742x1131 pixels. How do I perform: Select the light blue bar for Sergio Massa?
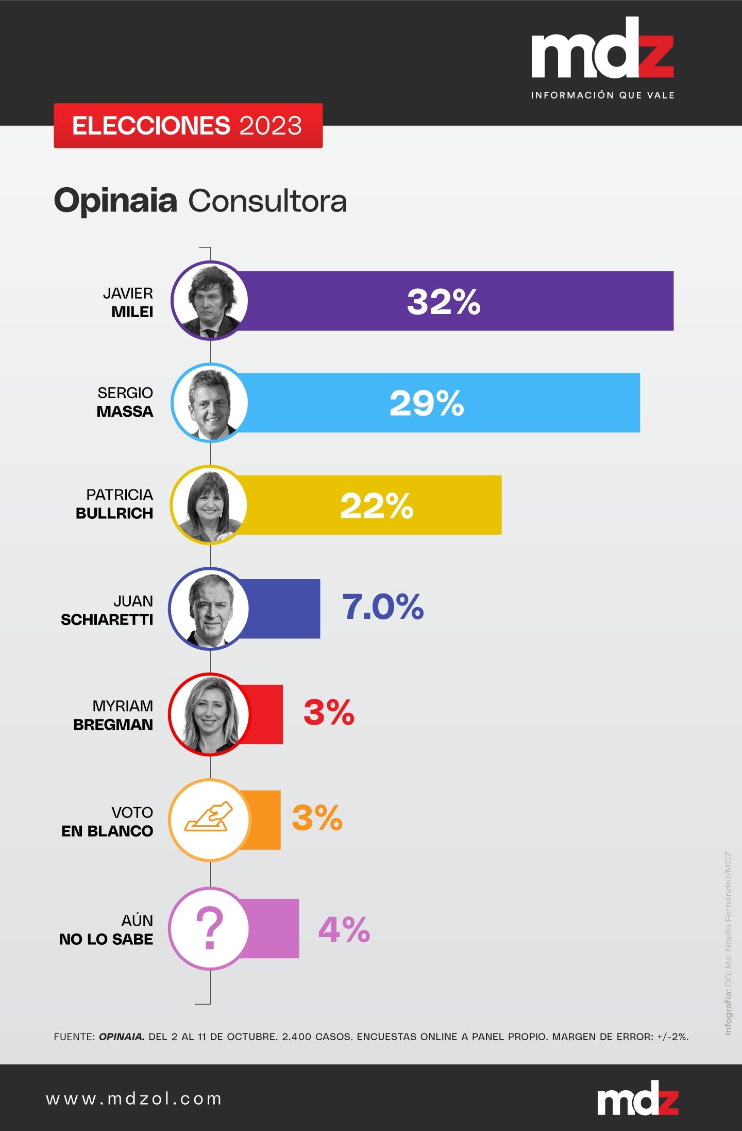click(x=438, y=403)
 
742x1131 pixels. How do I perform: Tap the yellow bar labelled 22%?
click(x=371, y=505)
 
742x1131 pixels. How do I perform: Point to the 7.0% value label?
click(x=383, y=607)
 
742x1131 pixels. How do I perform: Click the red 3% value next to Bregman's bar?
click(x=329, y=713)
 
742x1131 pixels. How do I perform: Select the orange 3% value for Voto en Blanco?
click(x=317, y=818)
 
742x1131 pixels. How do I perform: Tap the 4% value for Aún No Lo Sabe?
click(x=344, y=929)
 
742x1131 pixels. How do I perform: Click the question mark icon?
click(x=209, y=929)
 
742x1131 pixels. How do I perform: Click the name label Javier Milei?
click(x=129, y=302)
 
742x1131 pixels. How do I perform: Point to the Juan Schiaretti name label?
click(x=107, y=610)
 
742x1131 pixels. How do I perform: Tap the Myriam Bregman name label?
click(x=114, y=715)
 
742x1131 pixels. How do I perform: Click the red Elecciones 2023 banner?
click(x=188, y=126)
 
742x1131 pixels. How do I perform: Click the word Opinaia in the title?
click(x=116, y=201)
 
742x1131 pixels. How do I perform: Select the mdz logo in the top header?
click(x=602, y=49)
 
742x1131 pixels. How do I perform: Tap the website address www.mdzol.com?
click(x=134, y=1099)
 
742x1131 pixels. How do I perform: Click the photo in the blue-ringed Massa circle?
click(x=210, y=403)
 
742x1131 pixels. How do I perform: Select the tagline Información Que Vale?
click(x=602, y=95)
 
